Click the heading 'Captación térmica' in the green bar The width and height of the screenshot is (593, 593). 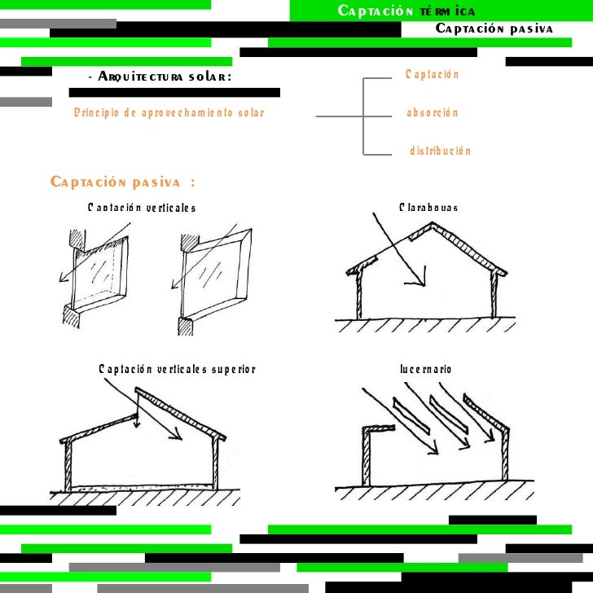click(406, 11)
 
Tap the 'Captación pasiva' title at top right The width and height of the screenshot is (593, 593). click(494, 29)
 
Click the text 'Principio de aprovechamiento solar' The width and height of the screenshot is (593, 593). click(169, 113)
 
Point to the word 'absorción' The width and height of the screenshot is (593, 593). click(432, 113)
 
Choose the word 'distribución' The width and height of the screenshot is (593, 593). click(440, 152)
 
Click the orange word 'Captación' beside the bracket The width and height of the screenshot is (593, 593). click(432, 75)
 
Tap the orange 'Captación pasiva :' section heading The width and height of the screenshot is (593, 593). click(122, 181)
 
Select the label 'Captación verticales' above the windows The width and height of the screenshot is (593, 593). click(142, 208)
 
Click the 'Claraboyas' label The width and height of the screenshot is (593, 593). click(428, 208)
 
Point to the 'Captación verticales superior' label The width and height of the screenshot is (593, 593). click(177, 370)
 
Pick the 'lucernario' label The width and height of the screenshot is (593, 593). click(425, 370)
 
